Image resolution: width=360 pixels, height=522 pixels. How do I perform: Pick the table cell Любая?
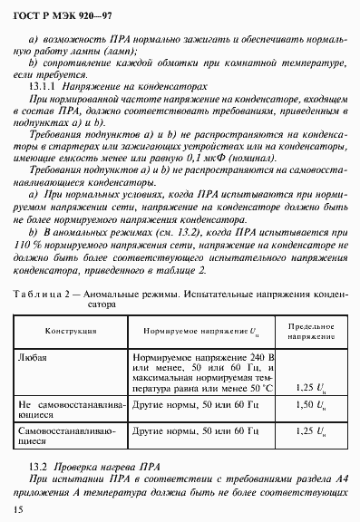[x=34, y=357]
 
